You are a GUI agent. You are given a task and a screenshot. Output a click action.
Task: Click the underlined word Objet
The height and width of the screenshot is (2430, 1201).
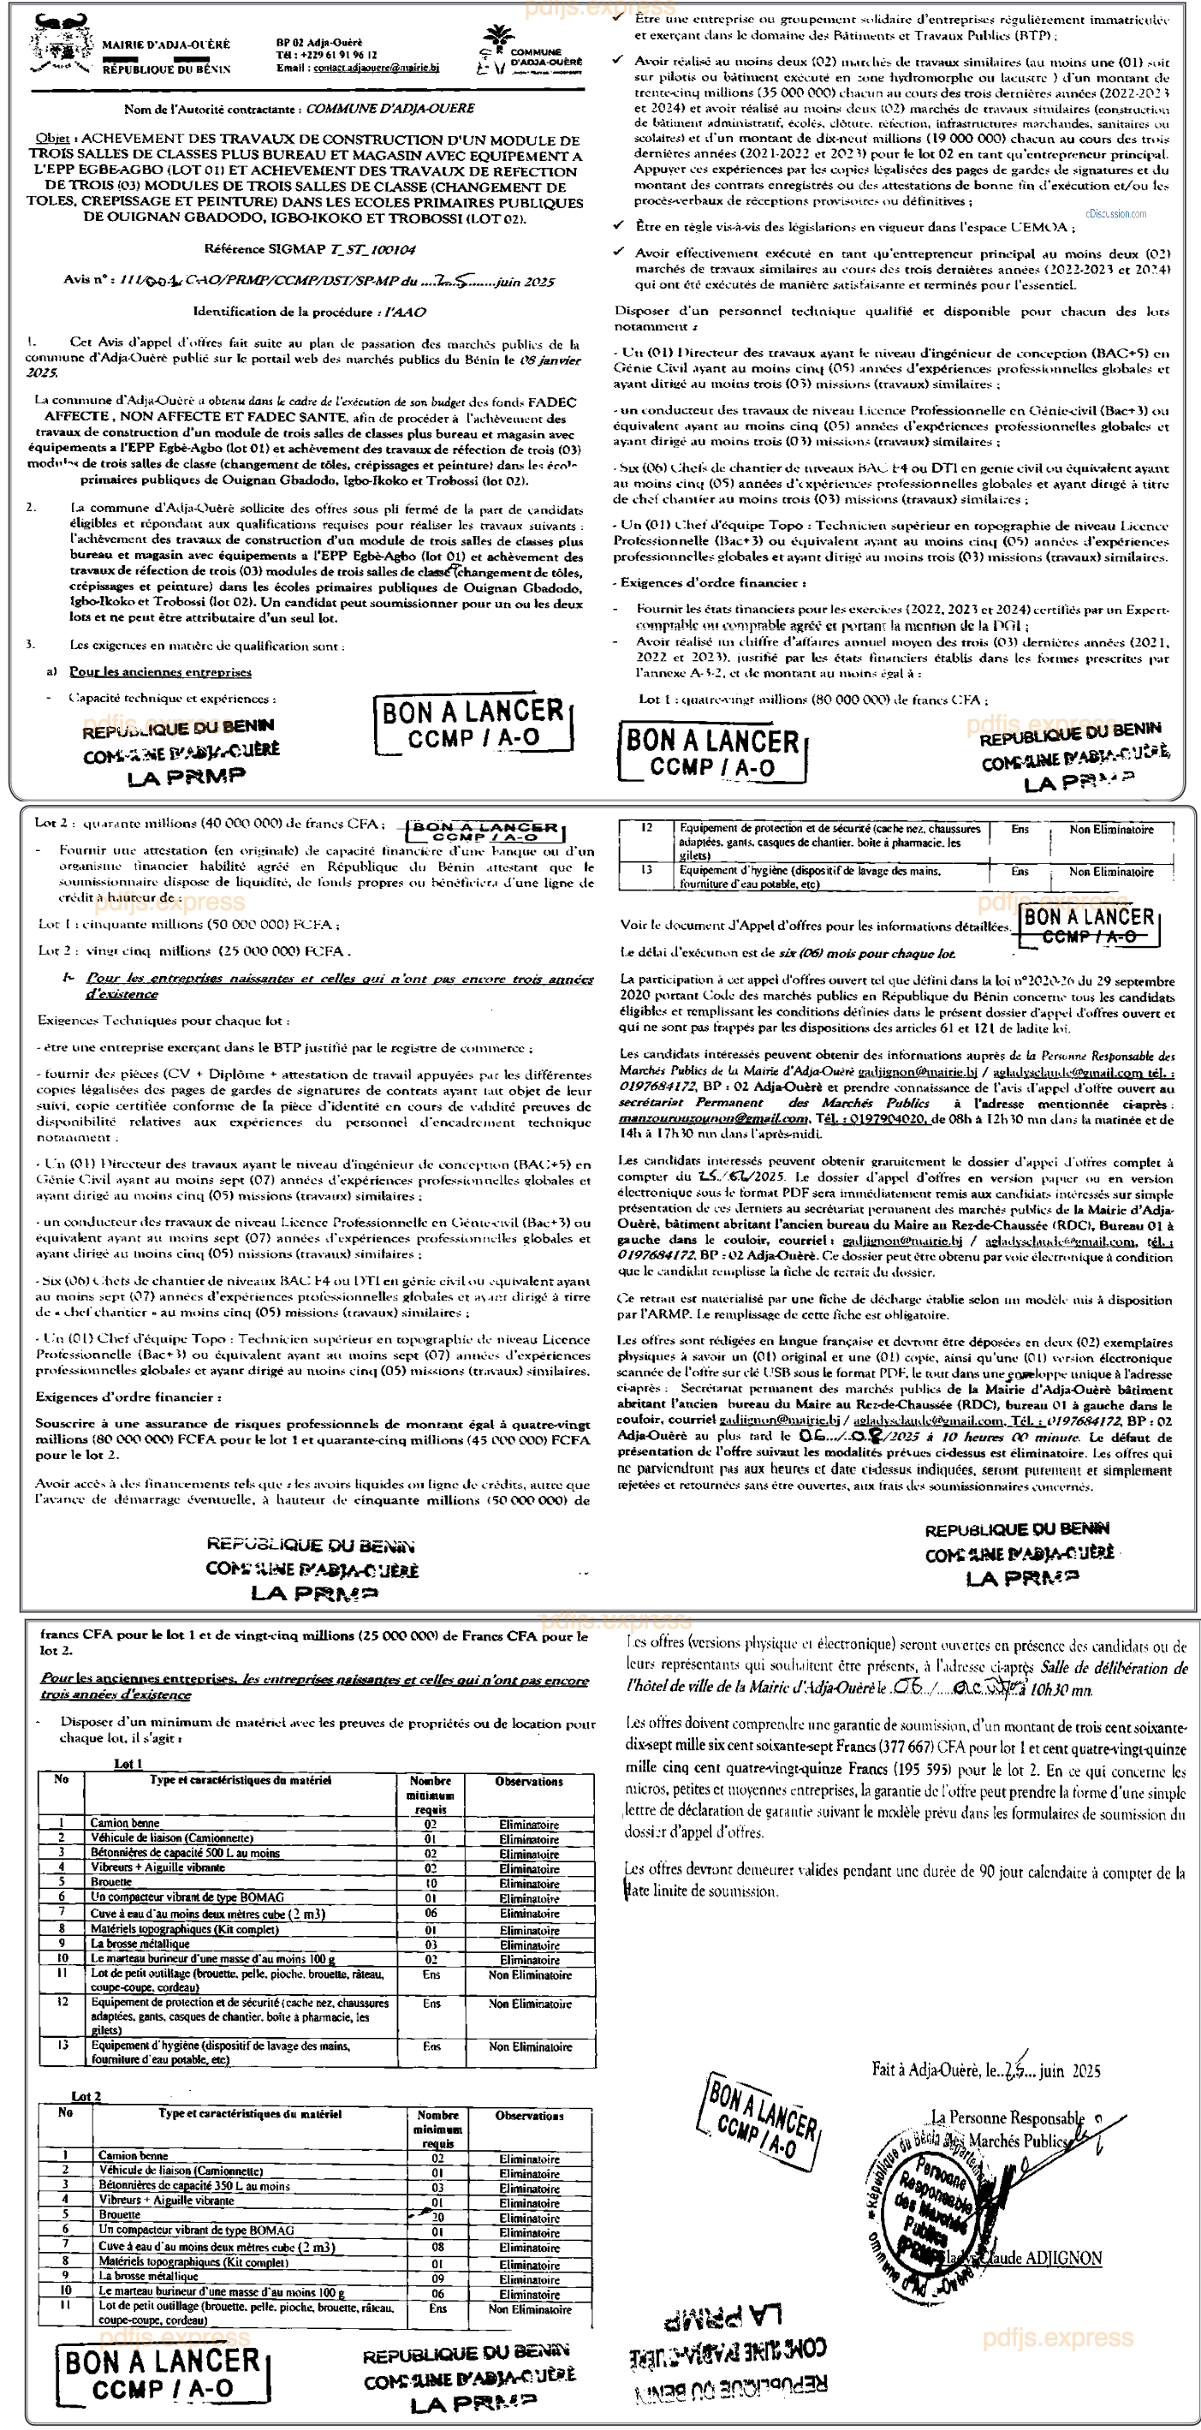(x=52, y=139)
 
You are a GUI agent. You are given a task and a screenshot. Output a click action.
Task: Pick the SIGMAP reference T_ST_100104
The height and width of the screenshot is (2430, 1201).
(x=372, y=250)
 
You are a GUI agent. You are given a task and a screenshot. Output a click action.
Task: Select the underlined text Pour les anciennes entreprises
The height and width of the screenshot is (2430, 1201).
(x=160, y=673)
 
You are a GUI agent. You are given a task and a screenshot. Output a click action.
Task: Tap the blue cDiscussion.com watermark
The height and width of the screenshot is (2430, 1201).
(x=1116, y=214)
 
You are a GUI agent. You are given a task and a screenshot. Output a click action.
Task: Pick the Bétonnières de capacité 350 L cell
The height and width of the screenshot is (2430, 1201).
(x=193, y=2186)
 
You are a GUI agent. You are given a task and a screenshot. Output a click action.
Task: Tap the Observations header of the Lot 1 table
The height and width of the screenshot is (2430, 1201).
(x=528, y=1782)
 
